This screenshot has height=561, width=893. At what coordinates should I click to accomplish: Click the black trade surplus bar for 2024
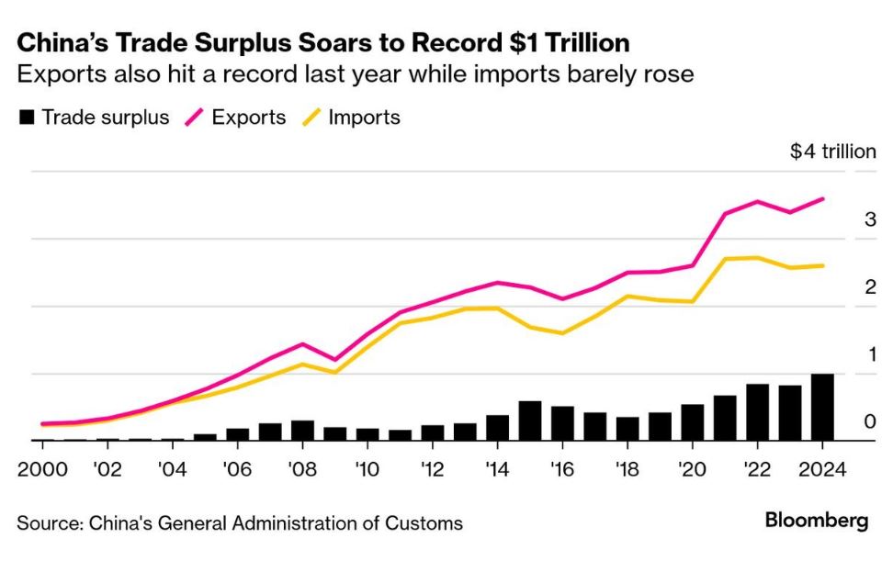click(x=823, y=408)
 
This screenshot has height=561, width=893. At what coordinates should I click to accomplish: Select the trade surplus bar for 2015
click(x=530, y=421)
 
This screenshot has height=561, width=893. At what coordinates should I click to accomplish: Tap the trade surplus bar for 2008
click(x=302, y=431)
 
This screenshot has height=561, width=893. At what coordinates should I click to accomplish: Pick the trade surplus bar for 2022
click(x=758, y=412)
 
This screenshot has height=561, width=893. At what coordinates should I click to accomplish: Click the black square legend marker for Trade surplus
click(x=27, y=118)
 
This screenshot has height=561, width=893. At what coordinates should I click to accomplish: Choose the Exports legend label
click(x=248, y=118)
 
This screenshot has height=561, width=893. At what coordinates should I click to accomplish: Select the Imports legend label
click(x=365, y=118)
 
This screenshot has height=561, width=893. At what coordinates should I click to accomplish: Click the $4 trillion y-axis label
click(x=832, y=151)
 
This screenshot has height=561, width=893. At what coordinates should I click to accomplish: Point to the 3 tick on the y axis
click(x=869, y=219)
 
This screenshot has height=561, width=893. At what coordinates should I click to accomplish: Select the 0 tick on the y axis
click(x=869, y=422)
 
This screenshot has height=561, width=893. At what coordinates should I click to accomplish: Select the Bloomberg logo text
click(x=816, y=522)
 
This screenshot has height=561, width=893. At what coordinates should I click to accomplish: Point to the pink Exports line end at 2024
click(x=823, y=198)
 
